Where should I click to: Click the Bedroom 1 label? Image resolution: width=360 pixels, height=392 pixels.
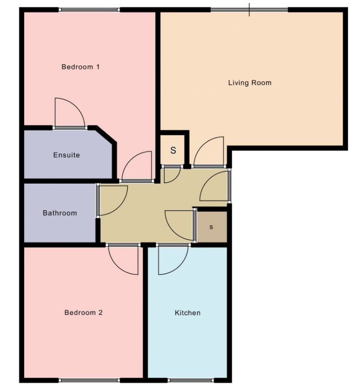click(81, 67)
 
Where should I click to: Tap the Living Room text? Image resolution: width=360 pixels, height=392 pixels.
click(249, 83)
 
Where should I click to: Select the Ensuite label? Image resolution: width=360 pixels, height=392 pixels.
click(66, 155)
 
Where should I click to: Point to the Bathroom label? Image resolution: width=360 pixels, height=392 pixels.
click(60, 213)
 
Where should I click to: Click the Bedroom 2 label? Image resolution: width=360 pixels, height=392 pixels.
click(84, 312)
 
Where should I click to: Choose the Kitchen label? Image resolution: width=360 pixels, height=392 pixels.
click(188, 312)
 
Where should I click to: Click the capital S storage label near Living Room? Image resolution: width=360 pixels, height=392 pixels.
click(173, 150)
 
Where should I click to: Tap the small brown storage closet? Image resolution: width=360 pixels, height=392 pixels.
click(211, 227)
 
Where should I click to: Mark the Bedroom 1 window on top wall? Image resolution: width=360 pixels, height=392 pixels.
click(89, 9)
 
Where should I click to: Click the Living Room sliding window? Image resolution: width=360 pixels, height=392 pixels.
click(249, 9)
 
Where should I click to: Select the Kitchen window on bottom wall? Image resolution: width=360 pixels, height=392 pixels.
click(188, 380)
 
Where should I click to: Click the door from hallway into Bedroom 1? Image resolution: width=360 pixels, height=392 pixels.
click(137, 167)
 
